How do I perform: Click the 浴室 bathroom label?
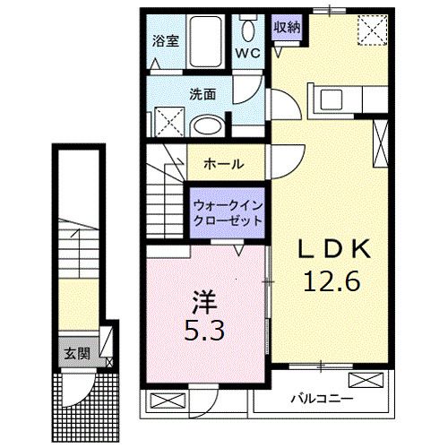pos(164,39)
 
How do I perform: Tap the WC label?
pos(247,54)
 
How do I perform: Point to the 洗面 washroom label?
pos(202,92)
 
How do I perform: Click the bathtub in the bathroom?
pos(208,40)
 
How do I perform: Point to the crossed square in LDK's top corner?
pos(372,30)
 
